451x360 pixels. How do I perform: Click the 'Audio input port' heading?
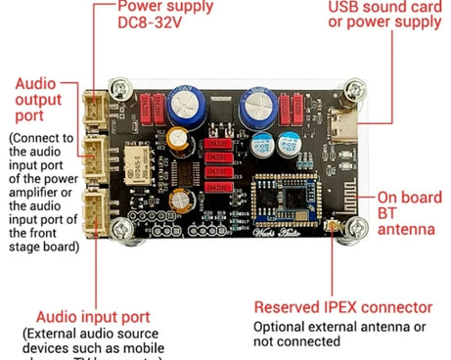click(x=93, y=317)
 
